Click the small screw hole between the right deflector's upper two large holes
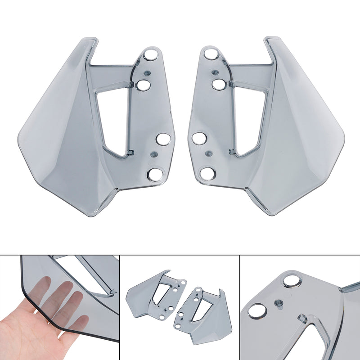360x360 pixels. pyautogui.click(x=215, y=72)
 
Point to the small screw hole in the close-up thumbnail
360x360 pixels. pyautogui.click(x=278, y=303)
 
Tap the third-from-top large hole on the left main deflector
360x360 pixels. pyautogui.click(x=163, y=139)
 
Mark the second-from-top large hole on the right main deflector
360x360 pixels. pyautogui.click(x=218, y=84)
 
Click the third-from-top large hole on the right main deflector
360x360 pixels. pyautogui.click(x=198, y=138)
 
